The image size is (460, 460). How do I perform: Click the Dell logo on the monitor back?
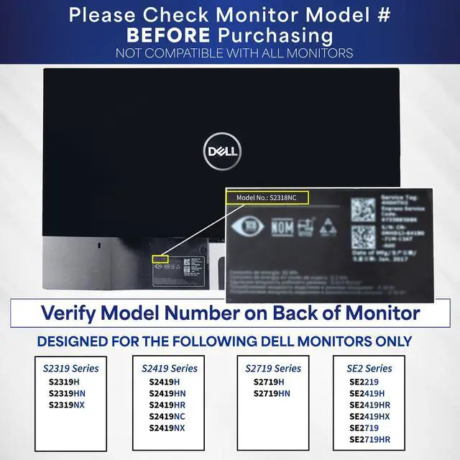(222, 151)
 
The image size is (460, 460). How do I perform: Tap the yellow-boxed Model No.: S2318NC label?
(267, 197)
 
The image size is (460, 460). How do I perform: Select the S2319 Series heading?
(71, 368)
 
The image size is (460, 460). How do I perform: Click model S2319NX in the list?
(67, 405)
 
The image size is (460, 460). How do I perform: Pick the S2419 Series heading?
(169, 368)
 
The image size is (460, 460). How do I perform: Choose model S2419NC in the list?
(167, 416)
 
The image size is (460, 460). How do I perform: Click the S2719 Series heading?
(273, 368)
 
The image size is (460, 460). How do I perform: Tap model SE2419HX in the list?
(369, 416)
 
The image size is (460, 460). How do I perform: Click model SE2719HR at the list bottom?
(369, 439)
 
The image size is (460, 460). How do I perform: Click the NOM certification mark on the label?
(278, 229)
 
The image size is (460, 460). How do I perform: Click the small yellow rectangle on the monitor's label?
(160, 257)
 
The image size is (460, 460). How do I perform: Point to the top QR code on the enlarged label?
(363, 209)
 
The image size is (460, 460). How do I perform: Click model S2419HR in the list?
(167, 405)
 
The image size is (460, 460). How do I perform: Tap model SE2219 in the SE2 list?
(364, 382)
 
